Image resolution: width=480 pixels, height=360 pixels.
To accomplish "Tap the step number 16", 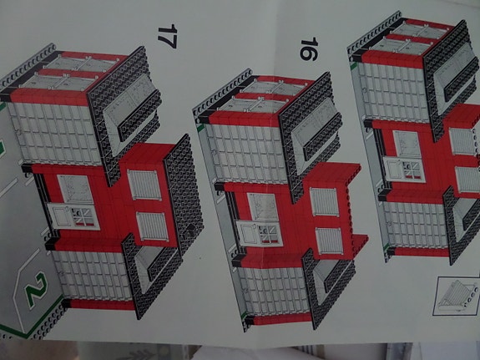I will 307,49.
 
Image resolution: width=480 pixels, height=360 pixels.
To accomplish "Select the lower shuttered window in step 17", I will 152,226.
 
